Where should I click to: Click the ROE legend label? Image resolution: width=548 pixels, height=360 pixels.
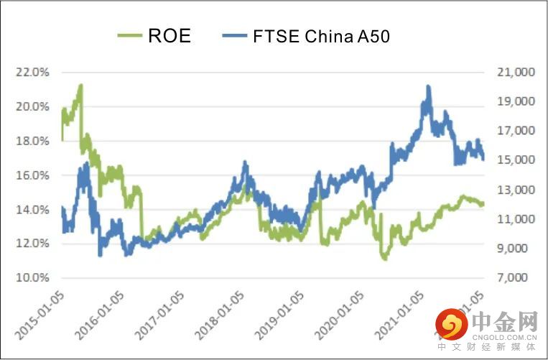coord(169,36)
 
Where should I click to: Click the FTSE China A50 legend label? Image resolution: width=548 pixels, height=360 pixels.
coord(321,36)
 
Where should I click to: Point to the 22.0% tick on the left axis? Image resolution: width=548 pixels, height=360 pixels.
coord(33,73)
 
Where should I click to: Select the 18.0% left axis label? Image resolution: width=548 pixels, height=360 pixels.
coord(33,141)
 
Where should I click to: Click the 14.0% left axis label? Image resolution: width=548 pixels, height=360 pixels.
coord(33,209)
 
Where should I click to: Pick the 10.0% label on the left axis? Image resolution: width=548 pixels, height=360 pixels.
coord(33,277)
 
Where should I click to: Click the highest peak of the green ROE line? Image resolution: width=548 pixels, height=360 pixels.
coord(80,86)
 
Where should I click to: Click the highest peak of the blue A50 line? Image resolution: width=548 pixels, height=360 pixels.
coord(428,87)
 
